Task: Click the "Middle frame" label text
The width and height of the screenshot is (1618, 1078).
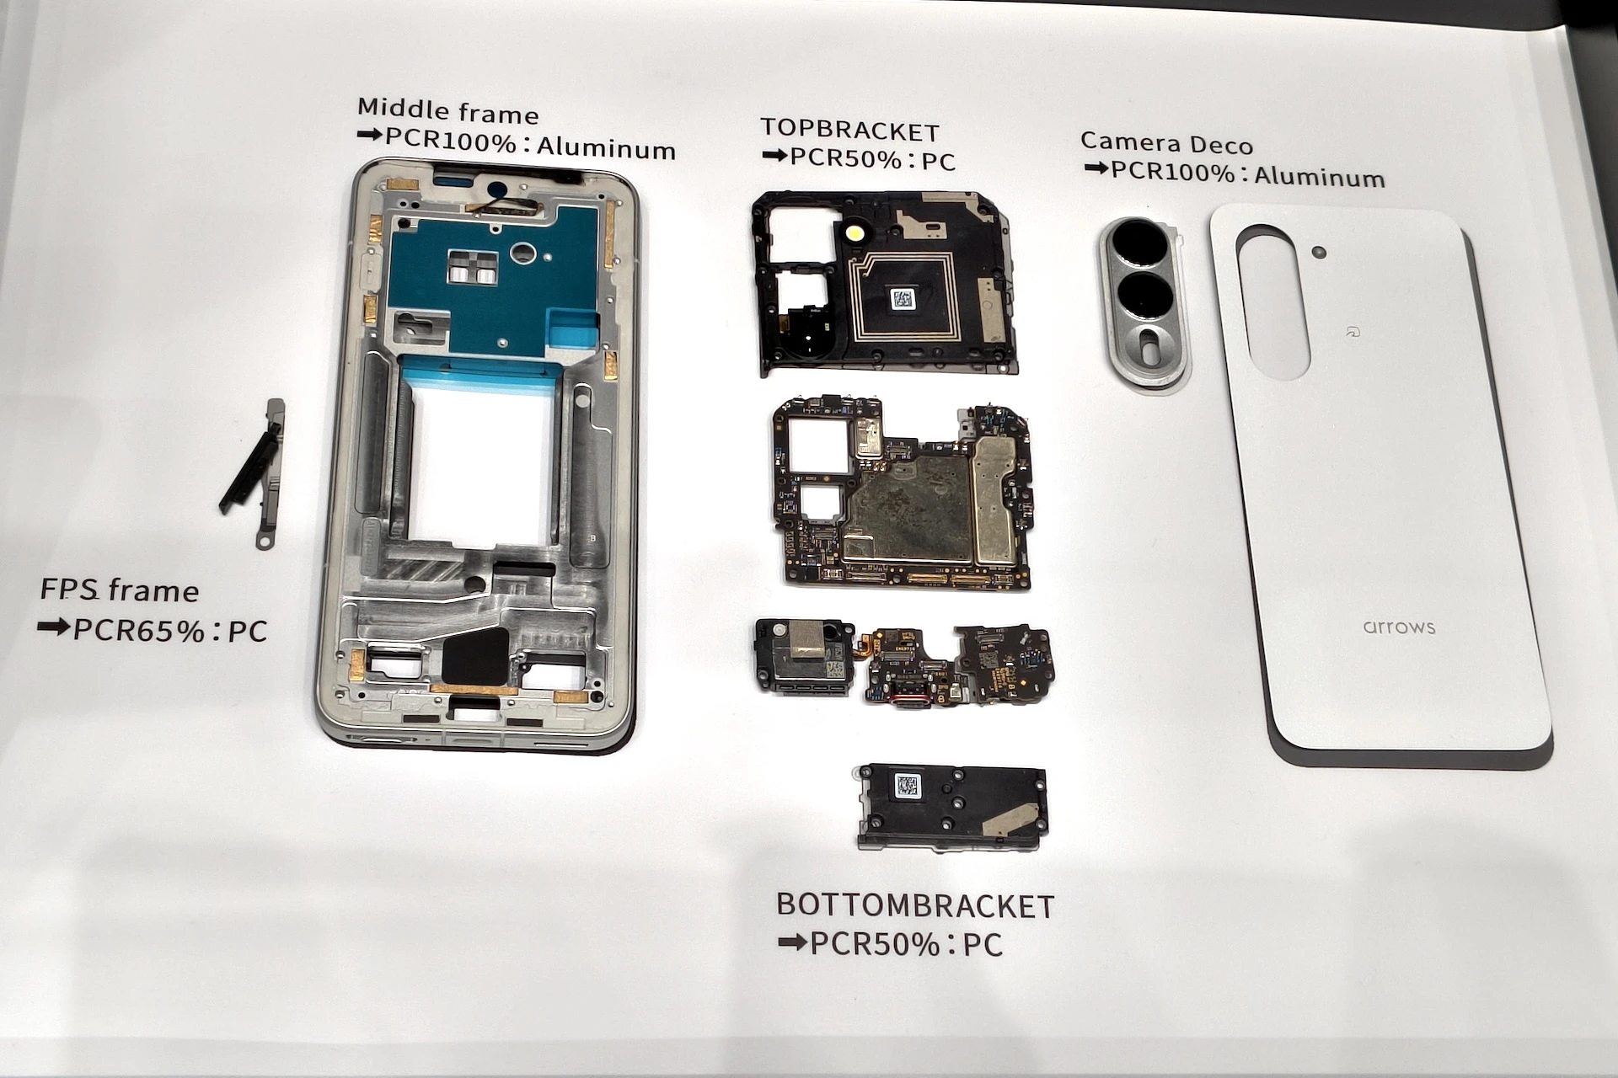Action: tap(447, 111)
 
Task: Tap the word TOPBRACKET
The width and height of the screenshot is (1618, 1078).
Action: tap(849, 131)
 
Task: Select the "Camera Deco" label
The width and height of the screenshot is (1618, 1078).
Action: tap(1166, 143)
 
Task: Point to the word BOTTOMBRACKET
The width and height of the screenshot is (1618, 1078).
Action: tap(915, 905)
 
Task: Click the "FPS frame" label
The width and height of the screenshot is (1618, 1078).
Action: tap(120, 590)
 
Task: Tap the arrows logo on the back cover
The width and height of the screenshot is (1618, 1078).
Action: tap(1399, 627)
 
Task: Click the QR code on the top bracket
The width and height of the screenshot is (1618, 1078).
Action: tap(903, 299)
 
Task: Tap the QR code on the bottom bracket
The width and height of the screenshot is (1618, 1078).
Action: tap(908, 787)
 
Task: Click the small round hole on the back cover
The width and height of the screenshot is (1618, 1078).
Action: tap(1320, 253)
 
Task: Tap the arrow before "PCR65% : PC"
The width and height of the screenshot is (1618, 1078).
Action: tap(53, 627)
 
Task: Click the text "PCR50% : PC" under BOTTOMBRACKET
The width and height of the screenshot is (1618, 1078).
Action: tap(907, 944)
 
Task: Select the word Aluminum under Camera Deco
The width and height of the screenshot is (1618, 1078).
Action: tap(1320, 177)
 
